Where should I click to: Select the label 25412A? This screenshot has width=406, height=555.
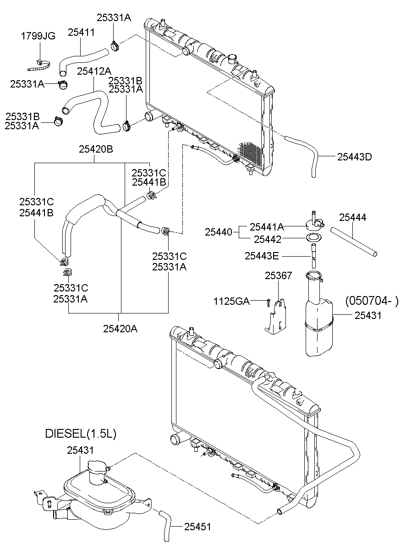[x=94, y=71]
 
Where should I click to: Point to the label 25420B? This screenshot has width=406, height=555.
[x=96, y=149]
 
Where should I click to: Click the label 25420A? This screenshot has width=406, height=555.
[x=120, y=328]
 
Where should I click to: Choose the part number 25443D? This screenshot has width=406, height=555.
[x=354, y=157]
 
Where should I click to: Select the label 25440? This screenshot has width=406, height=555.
[x=219, y=232]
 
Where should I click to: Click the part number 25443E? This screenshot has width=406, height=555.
[x=261, y=256]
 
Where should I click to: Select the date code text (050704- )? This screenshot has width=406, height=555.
[x=372, y=301]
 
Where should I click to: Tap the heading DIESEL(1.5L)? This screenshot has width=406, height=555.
[x=80, y=433]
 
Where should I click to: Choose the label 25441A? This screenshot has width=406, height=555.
[x=267, y=226]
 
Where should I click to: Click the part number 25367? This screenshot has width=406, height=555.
[x=279, y=275]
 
